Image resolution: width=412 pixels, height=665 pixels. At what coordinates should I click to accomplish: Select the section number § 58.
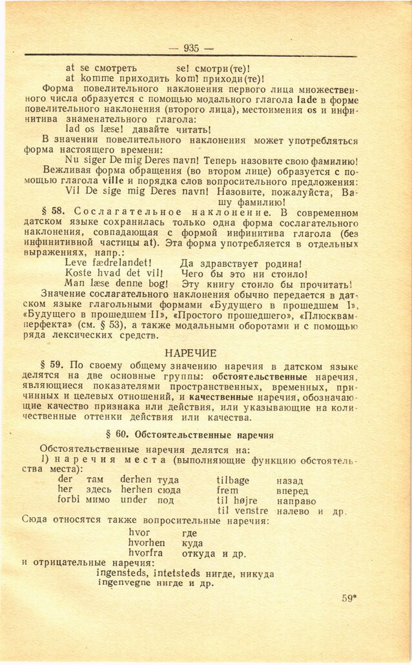[53, 212]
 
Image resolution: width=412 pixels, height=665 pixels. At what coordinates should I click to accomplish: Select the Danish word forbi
[68, 500]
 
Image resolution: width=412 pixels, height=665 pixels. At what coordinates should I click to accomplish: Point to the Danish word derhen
[136, 480]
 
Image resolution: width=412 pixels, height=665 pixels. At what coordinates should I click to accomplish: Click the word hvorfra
[146, 553]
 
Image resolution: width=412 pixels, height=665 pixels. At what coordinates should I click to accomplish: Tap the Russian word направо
[296, 500]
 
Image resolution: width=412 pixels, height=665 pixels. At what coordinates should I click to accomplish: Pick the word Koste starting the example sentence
[80, 273]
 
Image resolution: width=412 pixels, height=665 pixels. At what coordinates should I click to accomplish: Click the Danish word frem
[229, 490]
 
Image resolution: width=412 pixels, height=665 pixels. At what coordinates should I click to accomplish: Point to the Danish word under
[134, 500]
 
